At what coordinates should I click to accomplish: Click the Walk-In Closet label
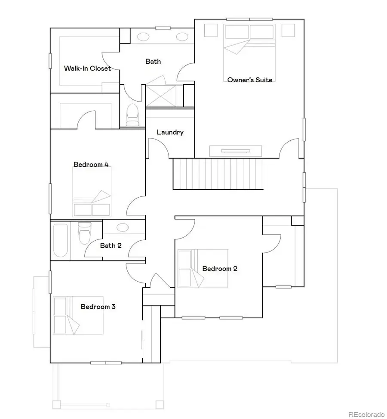click(x=87, y=68)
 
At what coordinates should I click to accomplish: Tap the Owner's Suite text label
click(x=250, y=80)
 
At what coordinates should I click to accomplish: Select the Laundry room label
click(x=170, y=132)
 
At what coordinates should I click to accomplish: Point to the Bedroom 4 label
click(x=91, y=164)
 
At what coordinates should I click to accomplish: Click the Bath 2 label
click(x=111, y=245)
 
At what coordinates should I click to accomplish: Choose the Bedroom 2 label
click(x=220, y=268)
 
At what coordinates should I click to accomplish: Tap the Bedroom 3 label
click(x=98, y=307)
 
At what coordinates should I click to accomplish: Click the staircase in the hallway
click(x=218, y=174)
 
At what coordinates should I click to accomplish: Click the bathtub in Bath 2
click(x=60, y=239)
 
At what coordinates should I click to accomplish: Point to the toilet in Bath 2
click(x=83, y=234)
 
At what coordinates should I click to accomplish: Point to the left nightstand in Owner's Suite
click(x=211, y=30)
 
